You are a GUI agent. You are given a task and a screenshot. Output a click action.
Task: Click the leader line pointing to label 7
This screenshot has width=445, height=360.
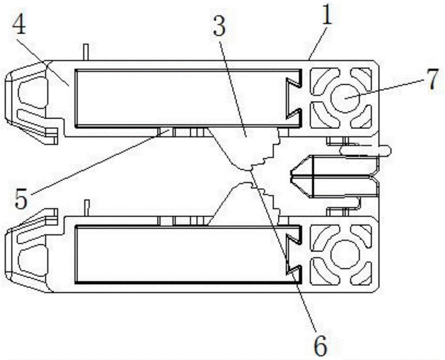click(387, 89)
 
